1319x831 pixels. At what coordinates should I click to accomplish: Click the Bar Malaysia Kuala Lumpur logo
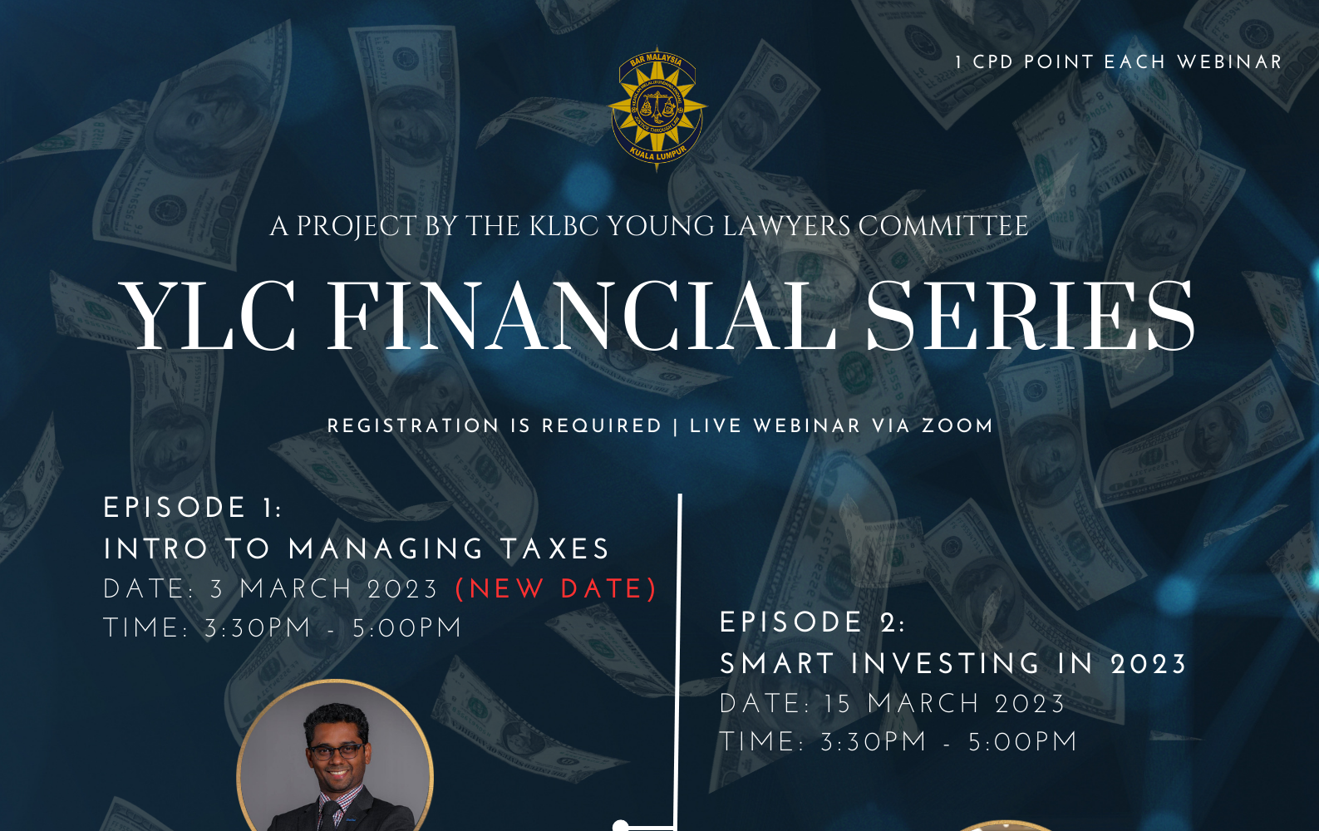[x=657, y=110]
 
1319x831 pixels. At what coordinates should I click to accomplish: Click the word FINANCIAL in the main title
[x=581, y=317]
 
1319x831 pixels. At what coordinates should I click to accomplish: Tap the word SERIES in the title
[x=1031, y=317]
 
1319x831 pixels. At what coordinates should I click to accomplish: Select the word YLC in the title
[x=208, y=317]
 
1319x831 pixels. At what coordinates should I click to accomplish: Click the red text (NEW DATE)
[x=557, y=589]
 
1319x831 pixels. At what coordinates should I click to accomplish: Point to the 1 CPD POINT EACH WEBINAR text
[x=1118, y=61]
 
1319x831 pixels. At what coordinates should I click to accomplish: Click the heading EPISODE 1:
[x=193, y=508]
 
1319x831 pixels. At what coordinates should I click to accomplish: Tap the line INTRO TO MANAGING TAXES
[x=357, y=549]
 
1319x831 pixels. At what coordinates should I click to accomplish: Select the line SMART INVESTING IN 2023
[x=953, y=664]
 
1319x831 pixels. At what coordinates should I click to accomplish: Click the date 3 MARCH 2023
[x=324, y=589]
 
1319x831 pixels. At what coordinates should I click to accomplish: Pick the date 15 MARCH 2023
[x=944, y=704]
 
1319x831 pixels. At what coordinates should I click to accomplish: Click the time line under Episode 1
[x=283, y=627]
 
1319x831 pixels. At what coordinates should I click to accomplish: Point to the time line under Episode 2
[x=898, y=742]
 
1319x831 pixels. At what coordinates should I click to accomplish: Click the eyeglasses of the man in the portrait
[x=337, y=751]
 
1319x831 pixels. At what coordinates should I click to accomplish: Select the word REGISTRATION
[x=413, y=425]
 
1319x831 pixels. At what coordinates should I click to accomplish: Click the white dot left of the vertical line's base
[x=620, y=826]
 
